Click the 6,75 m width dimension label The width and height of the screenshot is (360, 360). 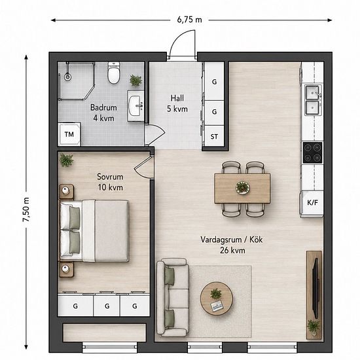pos(189,20)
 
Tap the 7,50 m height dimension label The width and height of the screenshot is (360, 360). pos(26,209)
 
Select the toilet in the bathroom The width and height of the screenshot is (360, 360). pos(114,73)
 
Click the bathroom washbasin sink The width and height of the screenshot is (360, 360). pos(135,106)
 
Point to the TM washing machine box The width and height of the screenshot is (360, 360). pos(69,134)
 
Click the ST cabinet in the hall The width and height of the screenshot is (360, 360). pos(214,136)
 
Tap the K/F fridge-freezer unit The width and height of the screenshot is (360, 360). pos(312,204)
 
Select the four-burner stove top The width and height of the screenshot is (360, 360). pos(312,153)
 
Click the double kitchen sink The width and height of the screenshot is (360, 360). pos(313,100)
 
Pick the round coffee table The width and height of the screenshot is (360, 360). pos(217,298)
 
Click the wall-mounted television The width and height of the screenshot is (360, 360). pos(316,288)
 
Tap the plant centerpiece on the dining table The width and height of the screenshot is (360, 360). pos(243,188)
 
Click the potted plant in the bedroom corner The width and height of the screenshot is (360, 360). pos(66,160)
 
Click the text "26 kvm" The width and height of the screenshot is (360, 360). pos(232,250)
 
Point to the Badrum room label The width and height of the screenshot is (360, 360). pos(103,107)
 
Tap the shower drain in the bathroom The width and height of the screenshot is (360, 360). pos(67,77)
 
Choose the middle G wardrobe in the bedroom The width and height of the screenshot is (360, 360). pos(107,306)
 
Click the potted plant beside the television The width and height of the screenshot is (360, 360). pos(314,326)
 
